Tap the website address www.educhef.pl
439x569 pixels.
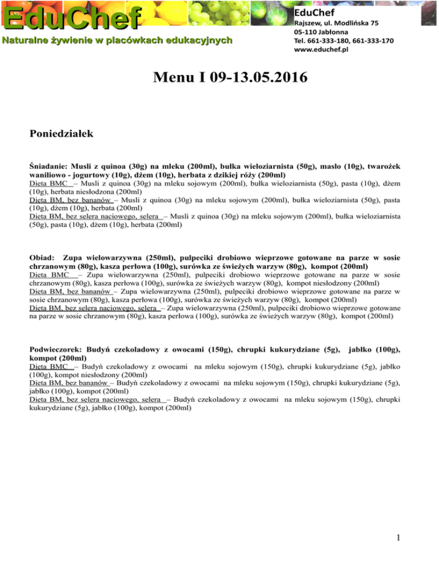tap(321, 50)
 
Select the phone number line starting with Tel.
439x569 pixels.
tap(336, 41)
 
